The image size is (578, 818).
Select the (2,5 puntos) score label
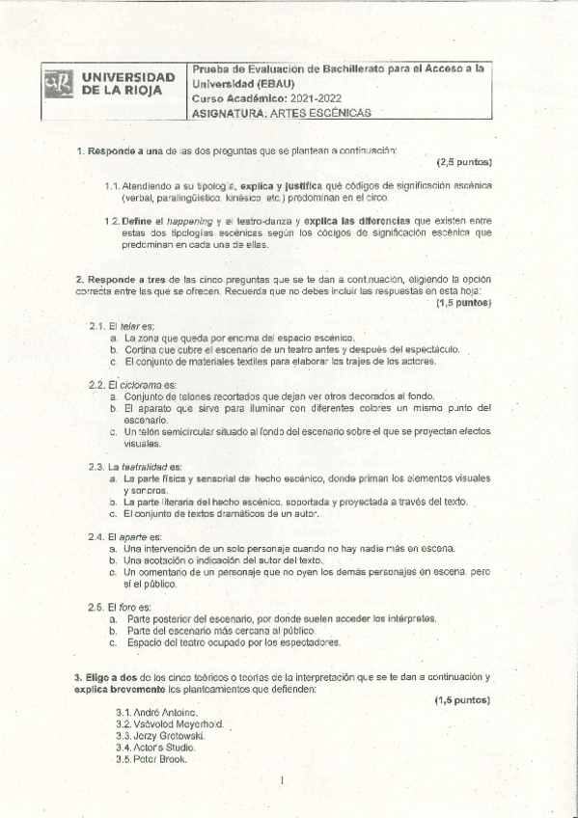(464, 162)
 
